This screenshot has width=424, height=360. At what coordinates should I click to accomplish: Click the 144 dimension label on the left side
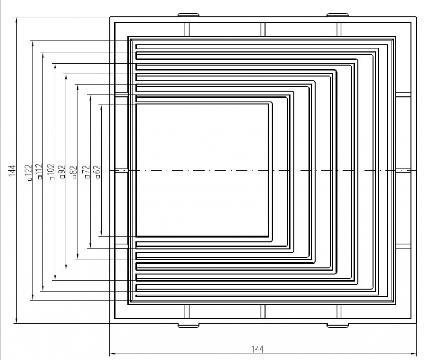[x=12, y=171]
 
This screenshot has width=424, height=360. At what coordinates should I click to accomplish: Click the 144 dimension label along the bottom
[x=258, y=349]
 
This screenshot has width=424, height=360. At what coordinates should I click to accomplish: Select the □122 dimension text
[x=29, y=172]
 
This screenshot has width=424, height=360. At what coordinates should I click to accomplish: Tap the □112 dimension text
[x=39, y=171]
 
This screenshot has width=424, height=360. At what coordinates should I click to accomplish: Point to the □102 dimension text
[x=51, y=172]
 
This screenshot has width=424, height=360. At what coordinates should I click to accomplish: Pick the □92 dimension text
[x=62, y=171]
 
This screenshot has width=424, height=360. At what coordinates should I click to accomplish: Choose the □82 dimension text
[x=74, y=172]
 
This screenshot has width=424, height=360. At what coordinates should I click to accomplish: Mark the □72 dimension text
[x=86, y=171]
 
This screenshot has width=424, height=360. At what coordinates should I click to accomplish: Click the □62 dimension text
[x=98, y=171]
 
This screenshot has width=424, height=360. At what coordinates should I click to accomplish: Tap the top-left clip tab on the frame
[x=188, y=15]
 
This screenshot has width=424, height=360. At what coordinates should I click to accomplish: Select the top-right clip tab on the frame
[x=338, y=15]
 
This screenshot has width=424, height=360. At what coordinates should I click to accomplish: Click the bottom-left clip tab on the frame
[x=188, y=326]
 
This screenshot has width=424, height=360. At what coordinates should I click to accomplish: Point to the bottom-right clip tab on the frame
[x=338, y=326]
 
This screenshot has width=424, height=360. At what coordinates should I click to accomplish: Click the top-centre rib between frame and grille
[x=263, y=30]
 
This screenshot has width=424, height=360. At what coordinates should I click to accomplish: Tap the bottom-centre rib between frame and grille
[x=263, y=311]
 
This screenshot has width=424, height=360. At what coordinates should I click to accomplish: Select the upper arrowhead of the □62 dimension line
[x=101, y=108]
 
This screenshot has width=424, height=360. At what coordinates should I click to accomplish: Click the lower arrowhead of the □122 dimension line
[x=33, y=296]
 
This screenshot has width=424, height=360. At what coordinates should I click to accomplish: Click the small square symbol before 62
[x=98, y=177]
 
